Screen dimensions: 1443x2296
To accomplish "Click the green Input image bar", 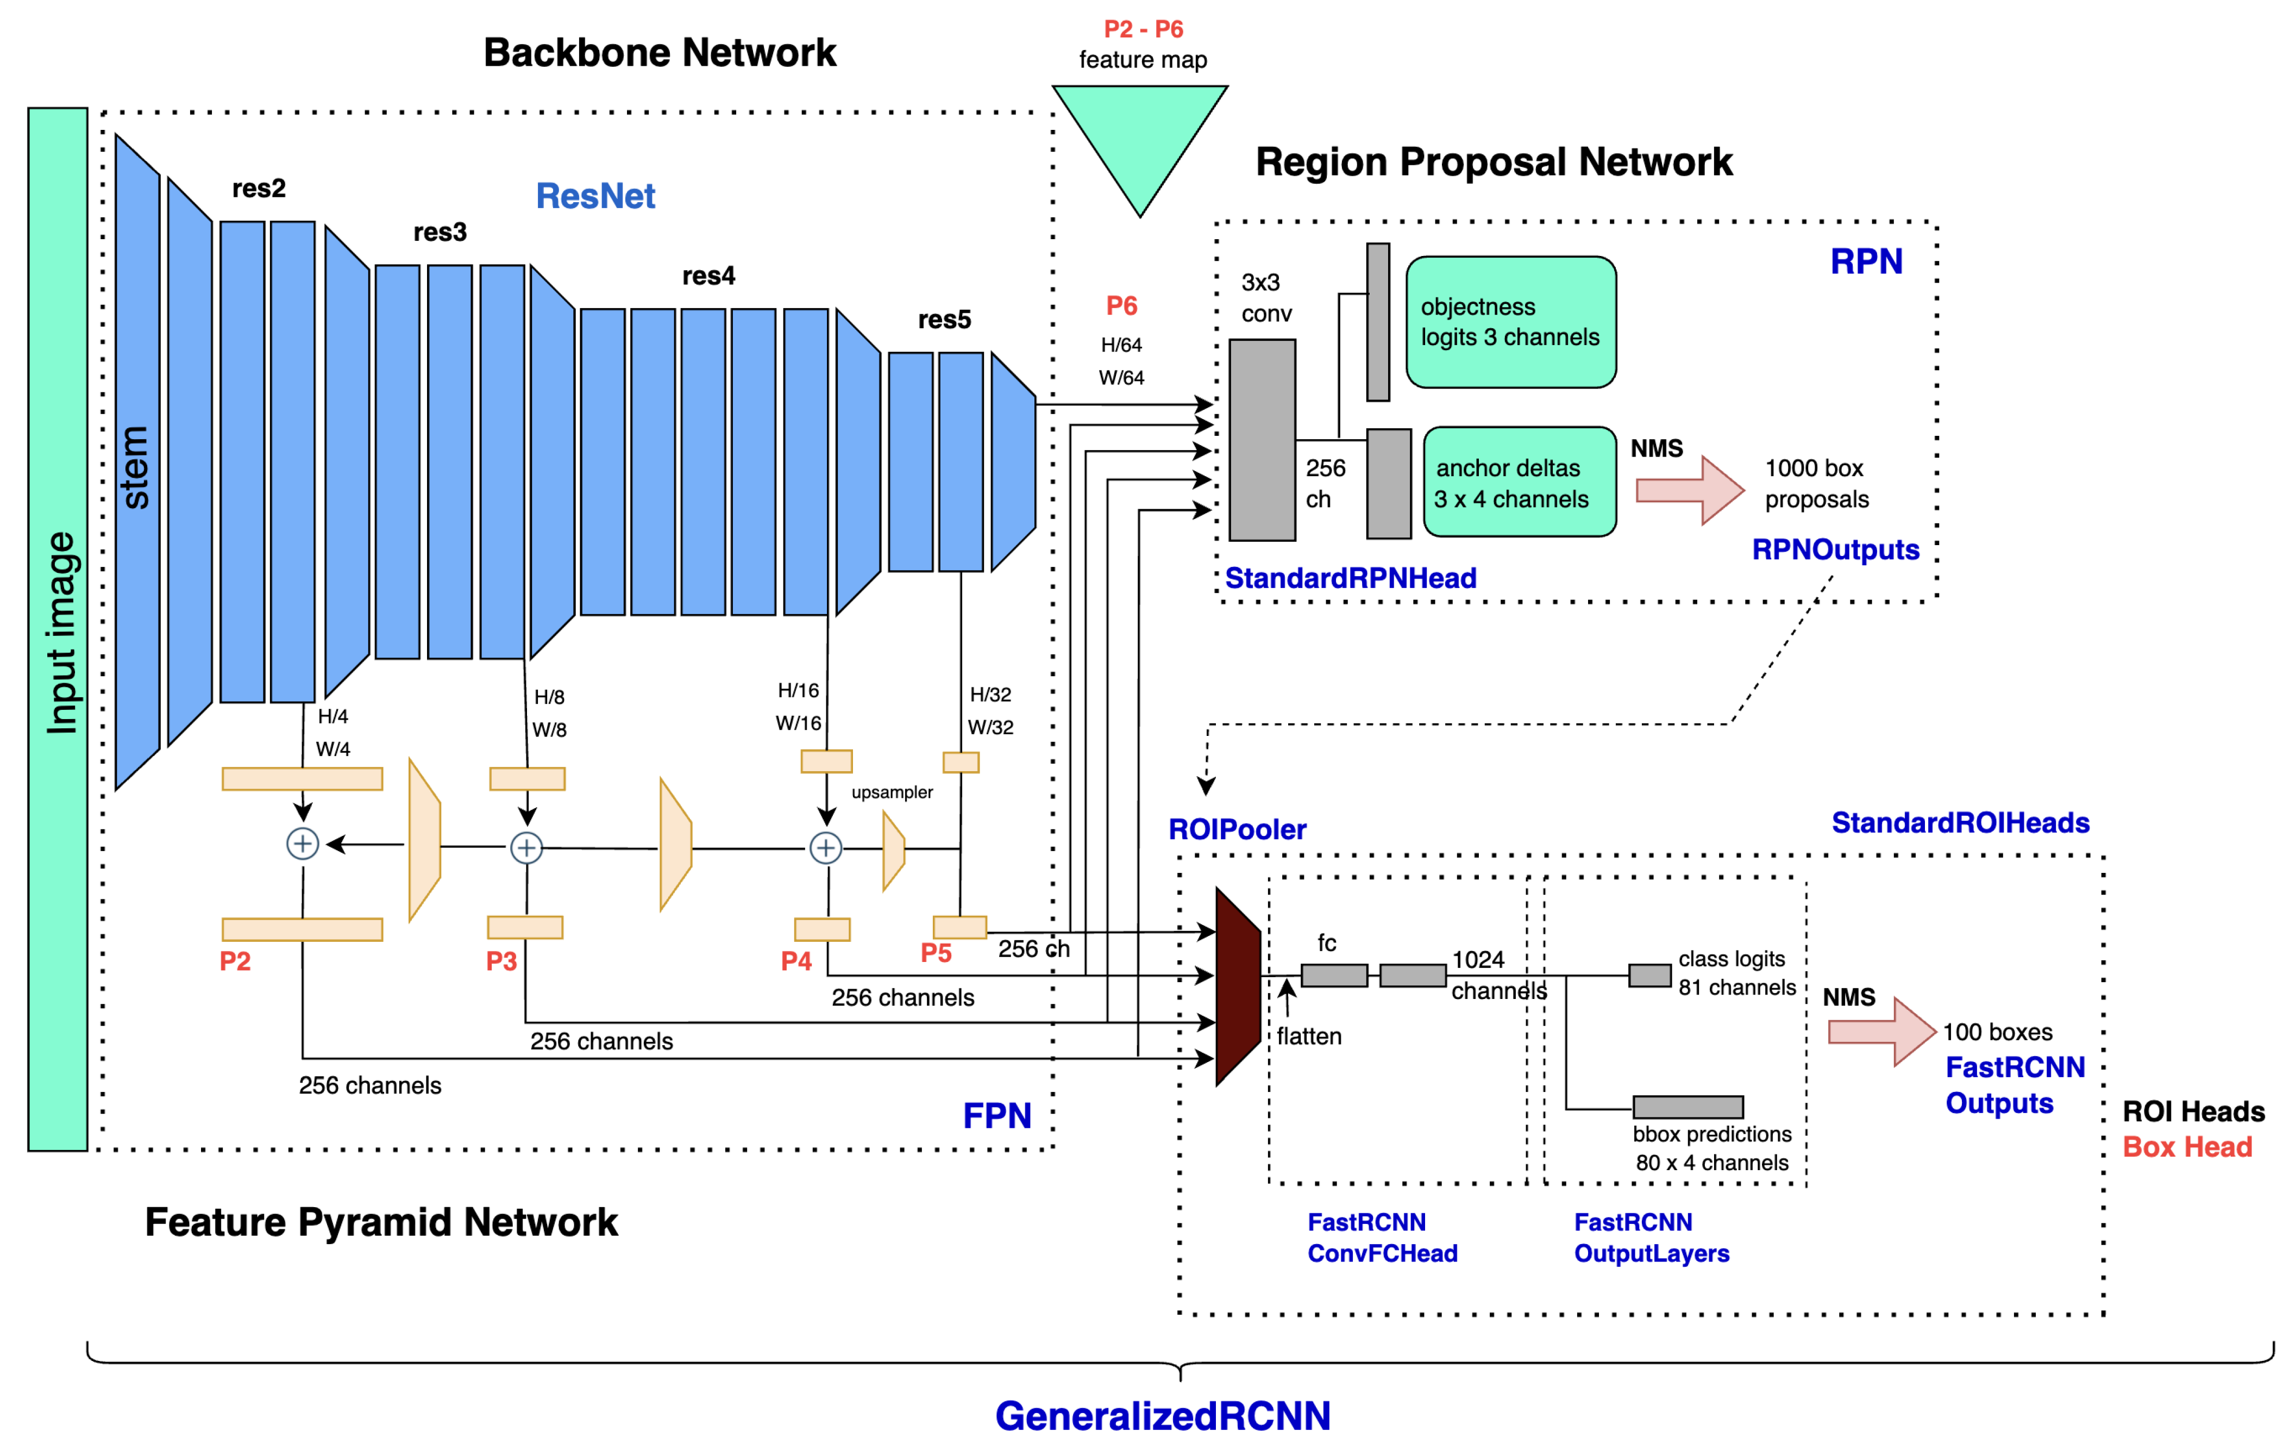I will [x=57, y=629].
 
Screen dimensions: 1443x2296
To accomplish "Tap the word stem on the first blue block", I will [x=135, y=467].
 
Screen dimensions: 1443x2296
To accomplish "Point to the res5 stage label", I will [x=944, y=320].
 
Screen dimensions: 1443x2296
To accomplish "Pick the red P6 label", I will [x=1121, y=306].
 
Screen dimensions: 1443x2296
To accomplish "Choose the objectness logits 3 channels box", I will [x=1510, y=322].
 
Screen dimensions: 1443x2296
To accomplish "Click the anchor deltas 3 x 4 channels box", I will [x=1519, y=483].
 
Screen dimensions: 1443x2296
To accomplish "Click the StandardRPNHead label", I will [x=1350, y=578].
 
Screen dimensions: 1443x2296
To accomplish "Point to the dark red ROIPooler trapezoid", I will [x=1238, y=986].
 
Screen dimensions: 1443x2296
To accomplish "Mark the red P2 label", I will [x=235, y=960].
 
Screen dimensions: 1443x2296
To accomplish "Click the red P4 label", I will [x=796, y=960].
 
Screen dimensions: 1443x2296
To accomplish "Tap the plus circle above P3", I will [x=526, y=847].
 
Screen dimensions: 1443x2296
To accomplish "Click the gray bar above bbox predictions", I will [x=1688, y=1107].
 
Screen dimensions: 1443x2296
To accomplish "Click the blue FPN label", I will [x=996, y=1115].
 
